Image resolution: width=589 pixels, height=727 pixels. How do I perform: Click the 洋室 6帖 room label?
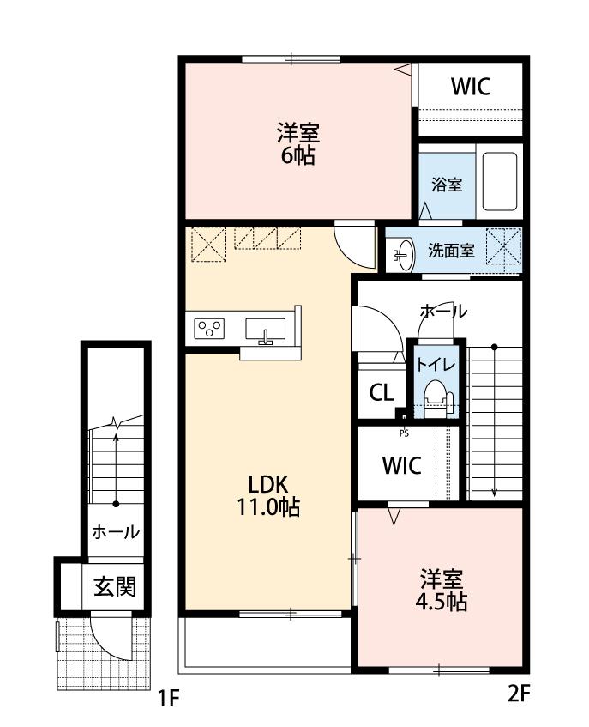[298, 143]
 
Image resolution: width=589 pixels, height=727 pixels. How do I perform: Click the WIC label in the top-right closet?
[470, 87]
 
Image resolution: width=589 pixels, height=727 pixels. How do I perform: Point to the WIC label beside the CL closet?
[401, 465]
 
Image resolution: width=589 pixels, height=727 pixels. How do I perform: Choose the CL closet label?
[381, 392]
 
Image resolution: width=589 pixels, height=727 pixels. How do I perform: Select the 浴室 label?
[447, 184]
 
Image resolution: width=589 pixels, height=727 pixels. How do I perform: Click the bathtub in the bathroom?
[498, 182]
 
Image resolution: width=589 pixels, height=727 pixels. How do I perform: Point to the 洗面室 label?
[451, 251]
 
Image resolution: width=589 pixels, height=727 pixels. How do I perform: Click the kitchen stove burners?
[209, 327]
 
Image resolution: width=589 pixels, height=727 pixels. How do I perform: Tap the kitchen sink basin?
[266, 329]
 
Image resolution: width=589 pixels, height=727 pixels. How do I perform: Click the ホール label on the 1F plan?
[115, 532]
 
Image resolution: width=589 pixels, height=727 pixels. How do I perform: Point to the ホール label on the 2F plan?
[443, 311]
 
